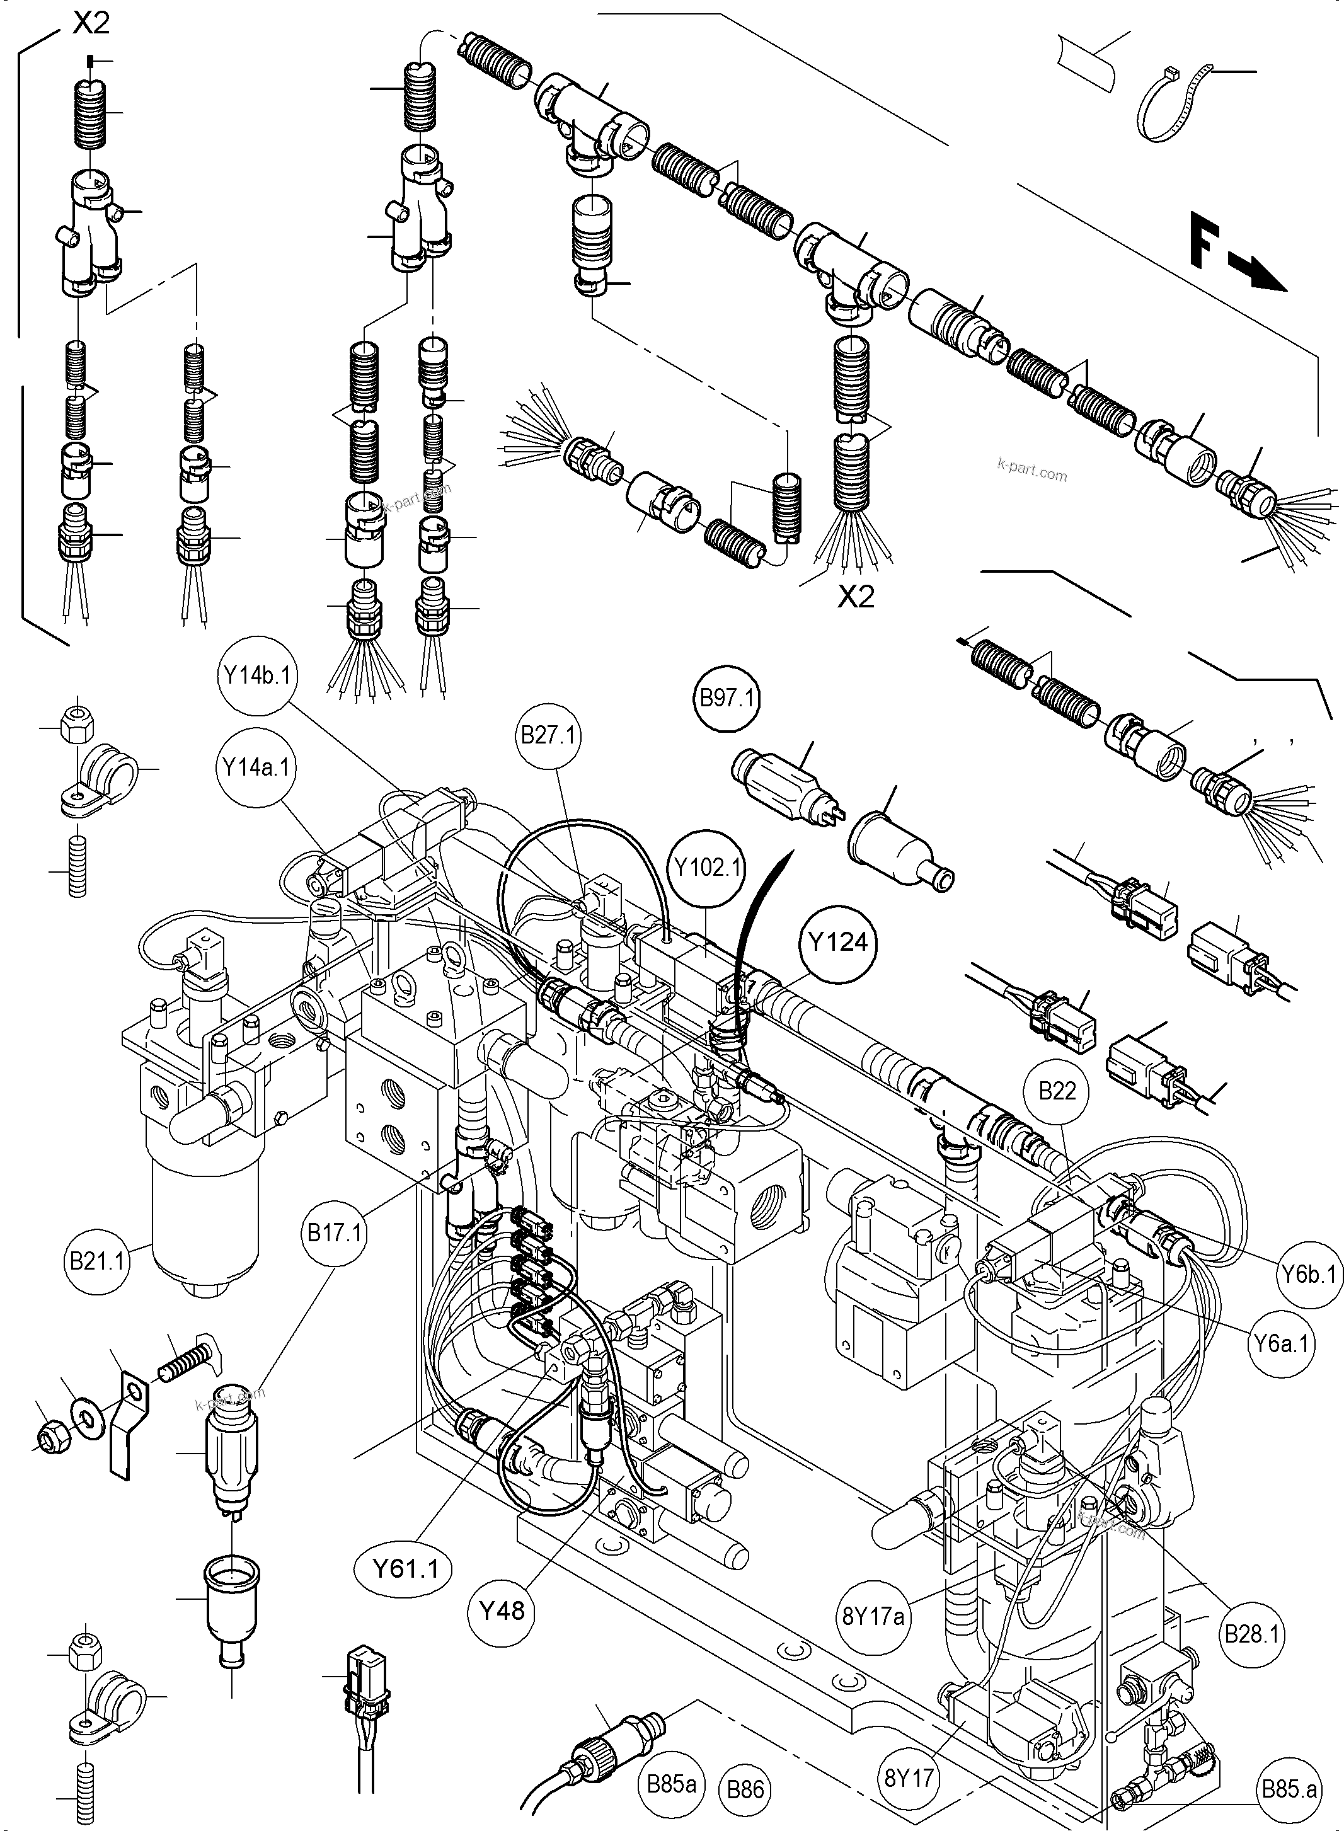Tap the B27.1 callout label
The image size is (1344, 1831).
click(x=548, y=735)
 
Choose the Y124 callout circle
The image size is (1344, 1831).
click(x=838, y=943)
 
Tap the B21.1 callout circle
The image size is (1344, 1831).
click(x=98, y=1263)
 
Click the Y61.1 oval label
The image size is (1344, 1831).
click(x=405, y=1568)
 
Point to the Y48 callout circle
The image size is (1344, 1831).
click(x=502, y=1610)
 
